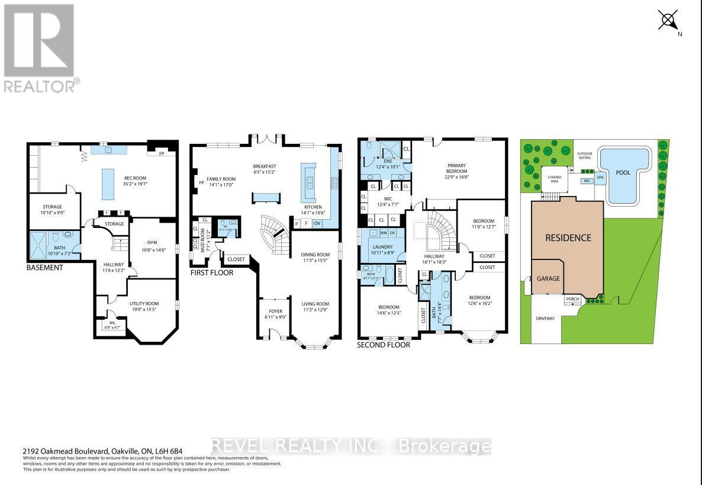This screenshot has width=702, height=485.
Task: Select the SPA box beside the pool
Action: click(x=600, y=177)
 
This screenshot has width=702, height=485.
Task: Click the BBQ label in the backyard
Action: click(x=587, y=180)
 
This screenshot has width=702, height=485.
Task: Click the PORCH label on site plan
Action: click(x=572, y=299)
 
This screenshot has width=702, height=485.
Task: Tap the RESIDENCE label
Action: click(x=568, y=238)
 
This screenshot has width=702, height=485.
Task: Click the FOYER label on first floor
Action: click(x=275, y=311)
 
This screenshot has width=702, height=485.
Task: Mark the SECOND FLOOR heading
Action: click(x=384, y=344)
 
